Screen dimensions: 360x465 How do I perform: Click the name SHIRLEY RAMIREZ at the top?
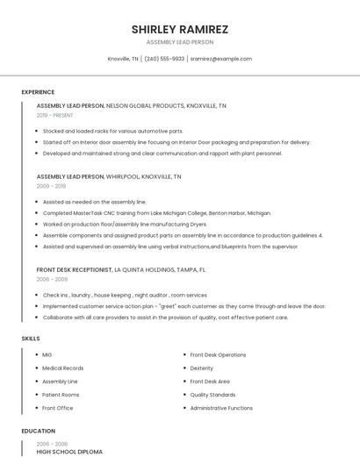pos(180,29)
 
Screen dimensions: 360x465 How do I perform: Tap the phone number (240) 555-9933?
pos(164,59)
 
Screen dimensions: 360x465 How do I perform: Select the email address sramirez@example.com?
pos(220,59)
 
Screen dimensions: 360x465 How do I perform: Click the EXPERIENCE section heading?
pos(38,92)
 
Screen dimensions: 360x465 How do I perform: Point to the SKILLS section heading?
pos(31,338)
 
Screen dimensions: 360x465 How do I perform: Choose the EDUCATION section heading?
pos(38,431)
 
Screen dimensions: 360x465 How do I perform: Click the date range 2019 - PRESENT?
pos(56,115)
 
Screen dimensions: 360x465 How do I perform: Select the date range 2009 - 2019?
pos(51,186)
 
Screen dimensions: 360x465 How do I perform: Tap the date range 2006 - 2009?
pos(51,279)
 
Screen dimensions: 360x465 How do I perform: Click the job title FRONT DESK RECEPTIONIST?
pos(75,269)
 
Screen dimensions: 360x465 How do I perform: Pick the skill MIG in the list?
pos(47,354)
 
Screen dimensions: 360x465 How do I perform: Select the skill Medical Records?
pos(63,368)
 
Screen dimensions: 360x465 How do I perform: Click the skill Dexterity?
pos(202,368)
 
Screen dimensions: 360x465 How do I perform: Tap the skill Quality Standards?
pos(212,395)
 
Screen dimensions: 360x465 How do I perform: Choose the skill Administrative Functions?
pos(221,408)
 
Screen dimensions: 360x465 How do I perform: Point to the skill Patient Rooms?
pos(61,395)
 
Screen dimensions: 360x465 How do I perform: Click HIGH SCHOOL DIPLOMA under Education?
pos(69,452)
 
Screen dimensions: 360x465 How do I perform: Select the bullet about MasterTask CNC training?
pos(156,213)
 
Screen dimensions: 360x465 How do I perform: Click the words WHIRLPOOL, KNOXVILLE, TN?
pos(143,176)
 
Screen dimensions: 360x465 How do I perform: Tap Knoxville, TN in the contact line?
pos(123,59)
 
